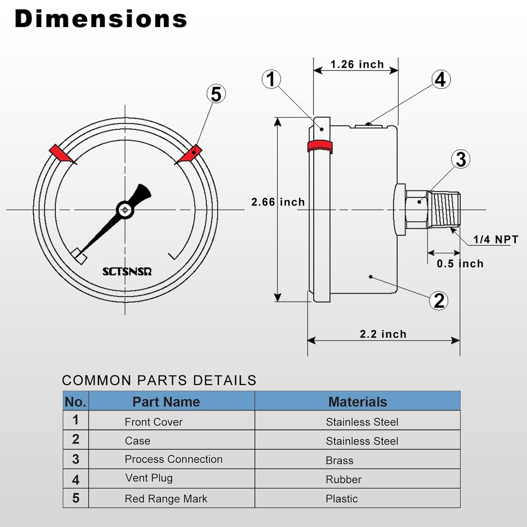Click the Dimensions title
coord(101,19)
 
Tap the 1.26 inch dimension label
coord(357,65)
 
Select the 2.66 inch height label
coord(278,202)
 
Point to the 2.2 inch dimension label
coord(383,334)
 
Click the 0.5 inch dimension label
coord(460,264)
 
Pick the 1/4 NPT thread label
coord(495,240)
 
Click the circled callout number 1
coord(271,79)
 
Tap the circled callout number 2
coord(439,301)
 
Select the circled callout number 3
coord(461,159)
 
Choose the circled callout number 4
coord(441,80)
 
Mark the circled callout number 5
coord(216,94)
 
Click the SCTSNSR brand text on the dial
coord(127,272)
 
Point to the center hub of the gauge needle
coord(125,210)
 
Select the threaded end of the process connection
coord(444,210)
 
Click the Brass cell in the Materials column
coord(340,460)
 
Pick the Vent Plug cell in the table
coord(149,478)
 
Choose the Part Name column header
coord(166,402)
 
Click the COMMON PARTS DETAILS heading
coord(159,380)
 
